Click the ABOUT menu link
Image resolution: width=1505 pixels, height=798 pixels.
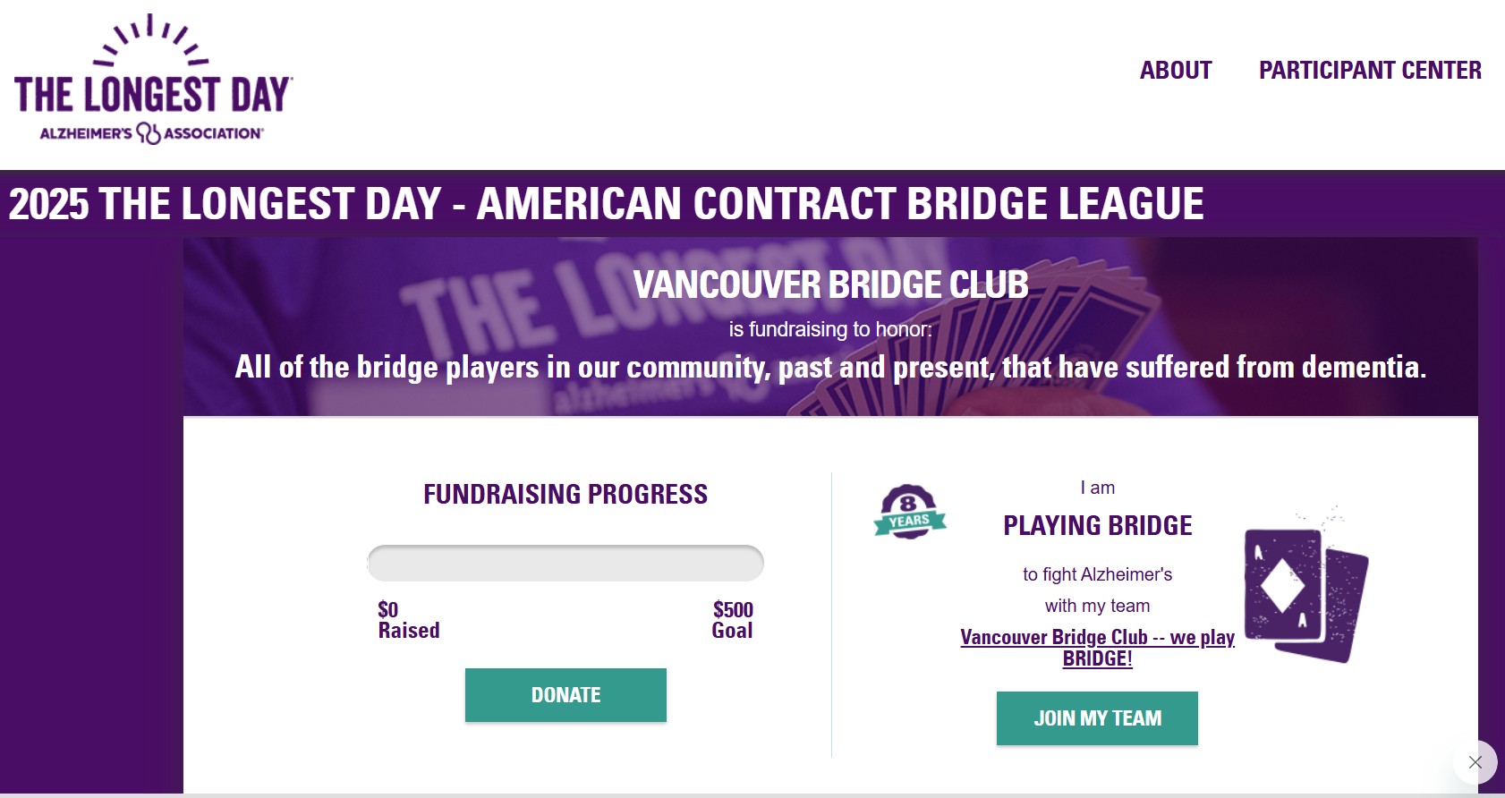(x=1176, y=71)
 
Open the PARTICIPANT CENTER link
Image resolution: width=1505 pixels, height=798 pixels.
(x=1370, y=71)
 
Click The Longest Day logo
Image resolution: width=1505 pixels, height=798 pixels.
(x=153, y=80)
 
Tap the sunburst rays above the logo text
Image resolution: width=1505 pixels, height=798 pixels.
(x=150, y=40)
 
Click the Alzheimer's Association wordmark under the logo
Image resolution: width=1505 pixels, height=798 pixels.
(x=152, y=133)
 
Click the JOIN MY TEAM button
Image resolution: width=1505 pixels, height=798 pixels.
(x=1097, y=718)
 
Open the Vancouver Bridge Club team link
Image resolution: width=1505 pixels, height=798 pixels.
(x=1097, y=648)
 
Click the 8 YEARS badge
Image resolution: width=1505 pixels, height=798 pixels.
(x=910, y=512)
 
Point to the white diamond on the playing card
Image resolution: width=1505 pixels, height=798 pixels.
(x=1282, y=586)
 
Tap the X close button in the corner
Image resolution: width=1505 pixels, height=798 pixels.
(x=1475, y=762)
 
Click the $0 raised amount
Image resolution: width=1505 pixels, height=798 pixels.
(x=387, y=609)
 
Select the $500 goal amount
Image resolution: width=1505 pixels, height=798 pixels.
(x=733, y=609)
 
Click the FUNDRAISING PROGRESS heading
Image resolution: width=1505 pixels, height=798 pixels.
(x=565, y=495)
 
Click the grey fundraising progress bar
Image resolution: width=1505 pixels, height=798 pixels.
(x=565, y=563)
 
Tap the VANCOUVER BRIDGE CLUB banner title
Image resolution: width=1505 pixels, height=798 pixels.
(x=830, y=284)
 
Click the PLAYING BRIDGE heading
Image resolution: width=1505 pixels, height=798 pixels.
(x=1098, y=525)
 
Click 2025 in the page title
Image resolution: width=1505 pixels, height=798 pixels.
(x=48, y=204)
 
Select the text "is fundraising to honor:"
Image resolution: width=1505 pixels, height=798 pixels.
(x=830, y=329)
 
